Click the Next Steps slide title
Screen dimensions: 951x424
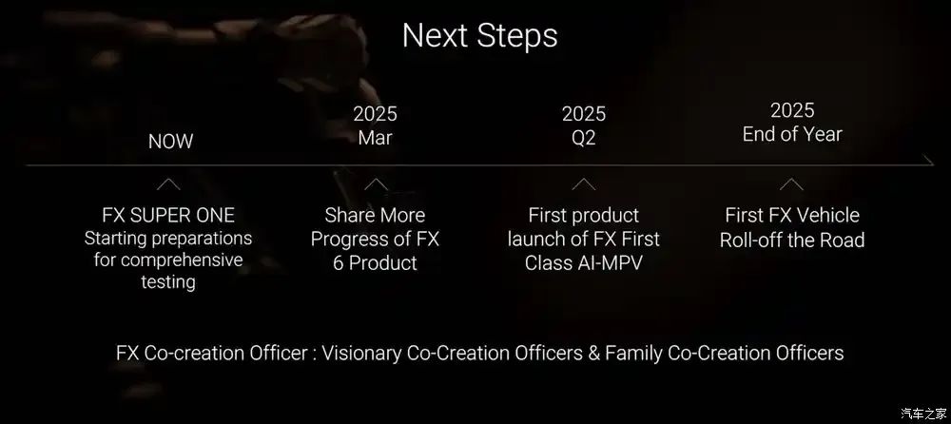click(479, 36)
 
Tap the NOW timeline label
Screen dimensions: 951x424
click(170, 142)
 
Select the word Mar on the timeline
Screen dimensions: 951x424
click(375, 138)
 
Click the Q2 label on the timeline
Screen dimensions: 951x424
click(584, 138)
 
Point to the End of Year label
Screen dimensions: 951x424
click(792, 134)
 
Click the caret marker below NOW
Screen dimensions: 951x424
click(168, 184)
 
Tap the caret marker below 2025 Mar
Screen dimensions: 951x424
click(376, 184)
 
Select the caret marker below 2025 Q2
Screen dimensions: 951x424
click(584, 184)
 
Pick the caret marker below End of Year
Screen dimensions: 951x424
click(791, 184)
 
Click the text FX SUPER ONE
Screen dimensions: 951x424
click(168, 216)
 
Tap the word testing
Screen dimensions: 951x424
click(168, 282)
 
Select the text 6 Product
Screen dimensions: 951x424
click(375, 263)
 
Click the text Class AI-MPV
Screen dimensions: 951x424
click(583, 263)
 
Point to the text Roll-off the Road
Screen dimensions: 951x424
click(792, 240)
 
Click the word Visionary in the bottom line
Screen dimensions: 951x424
click(361, 353)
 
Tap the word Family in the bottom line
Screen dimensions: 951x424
click(633, 353)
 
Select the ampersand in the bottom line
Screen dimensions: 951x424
click(593, 353)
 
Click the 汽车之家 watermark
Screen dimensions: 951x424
click(922, 414)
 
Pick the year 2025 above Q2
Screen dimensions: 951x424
click(584, 114)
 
